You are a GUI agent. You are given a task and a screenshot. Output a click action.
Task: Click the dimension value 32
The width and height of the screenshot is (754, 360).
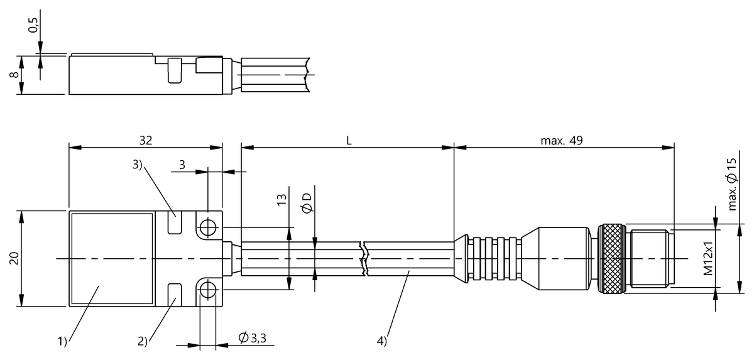point(145,140)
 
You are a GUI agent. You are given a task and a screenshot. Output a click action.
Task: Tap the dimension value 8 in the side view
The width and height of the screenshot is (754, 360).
point(13,75)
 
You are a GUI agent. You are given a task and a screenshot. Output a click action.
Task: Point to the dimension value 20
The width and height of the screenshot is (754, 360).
point(13,258)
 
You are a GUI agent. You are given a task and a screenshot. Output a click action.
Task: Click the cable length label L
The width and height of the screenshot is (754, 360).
point(349,140)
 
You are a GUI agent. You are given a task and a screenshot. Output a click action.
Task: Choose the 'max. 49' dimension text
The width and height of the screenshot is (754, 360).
point(562,140)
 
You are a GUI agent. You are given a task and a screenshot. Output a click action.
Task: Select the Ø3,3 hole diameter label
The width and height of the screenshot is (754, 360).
point(251,339)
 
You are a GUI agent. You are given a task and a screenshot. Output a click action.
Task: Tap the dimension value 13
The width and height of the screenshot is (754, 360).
point(281,200)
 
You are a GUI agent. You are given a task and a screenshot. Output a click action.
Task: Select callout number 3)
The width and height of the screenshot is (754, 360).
point(138,165)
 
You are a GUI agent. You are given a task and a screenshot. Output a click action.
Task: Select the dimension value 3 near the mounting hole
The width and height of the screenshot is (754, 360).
point(182,165)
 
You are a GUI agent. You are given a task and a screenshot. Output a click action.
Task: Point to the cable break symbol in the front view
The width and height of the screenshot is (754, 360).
point(364,258)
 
